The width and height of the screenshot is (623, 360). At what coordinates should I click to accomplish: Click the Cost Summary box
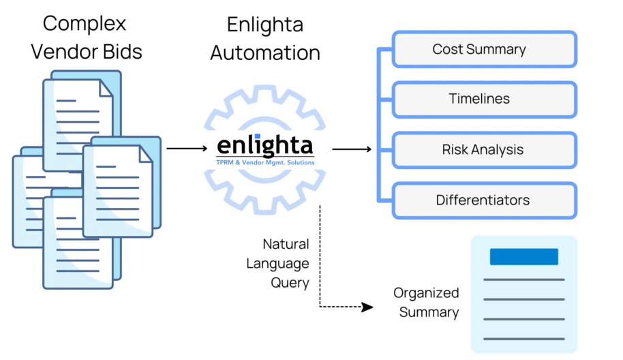[x=485, y=49]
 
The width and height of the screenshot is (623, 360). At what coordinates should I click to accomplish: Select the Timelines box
[x=485, y=100]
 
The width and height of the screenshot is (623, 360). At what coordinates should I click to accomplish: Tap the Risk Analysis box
[x=485, y=150]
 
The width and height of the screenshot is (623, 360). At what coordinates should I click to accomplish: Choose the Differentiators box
[x=485, y=200]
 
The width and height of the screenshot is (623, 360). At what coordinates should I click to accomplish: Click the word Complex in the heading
[x=85, y=24]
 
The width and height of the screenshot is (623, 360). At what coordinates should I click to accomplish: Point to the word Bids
[x=121, y=52]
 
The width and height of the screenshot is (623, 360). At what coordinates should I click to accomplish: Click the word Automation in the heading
[x=265, y=53]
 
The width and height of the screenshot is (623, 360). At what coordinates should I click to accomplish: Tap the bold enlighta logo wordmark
[x=265, y=146]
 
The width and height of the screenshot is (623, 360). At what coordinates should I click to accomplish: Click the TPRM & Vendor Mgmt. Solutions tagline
[x=265, y=162]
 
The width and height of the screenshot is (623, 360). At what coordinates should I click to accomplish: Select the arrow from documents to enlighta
[x=187, y=149]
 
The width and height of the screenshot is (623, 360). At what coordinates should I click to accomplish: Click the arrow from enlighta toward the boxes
[x=352, y=149]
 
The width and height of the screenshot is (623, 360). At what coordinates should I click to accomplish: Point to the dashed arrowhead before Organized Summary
[x=367, y=307]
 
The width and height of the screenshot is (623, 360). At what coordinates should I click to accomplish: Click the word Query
[x=290, y=283]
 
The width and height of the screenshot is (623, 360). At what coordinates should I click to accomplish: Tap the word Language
[x=277, y=263]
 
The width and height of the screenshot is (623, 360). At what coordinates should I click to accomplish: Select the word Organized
[x=426, y=293]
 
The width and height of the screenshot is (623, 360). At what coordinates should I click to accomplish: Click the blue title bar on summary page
[x=523, y=256]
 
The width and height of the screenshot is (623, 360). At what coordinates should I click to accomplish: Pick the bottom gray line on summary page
[x=523, y=339]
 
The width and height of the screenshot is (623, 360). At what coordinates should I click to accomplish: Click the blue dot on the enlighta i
[x=258, y=136]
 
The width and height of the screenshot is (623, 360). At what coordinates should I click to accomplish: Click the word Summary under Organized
[x=429, y=312]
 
